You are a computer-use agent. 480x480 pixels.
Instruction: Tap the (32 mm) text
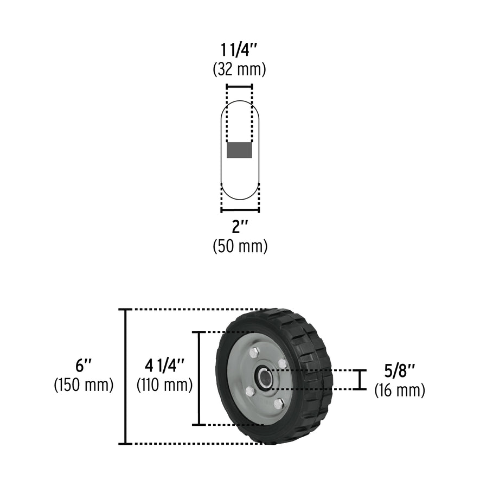pos(240,69)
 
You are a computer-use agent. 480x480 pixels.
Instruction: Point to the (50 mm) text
pos(240,246)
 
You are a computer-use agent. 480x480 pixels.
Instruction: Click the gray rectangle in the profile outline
pos(239,150)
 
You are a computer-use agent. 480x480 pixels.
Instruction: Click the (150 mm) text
pos(83,385)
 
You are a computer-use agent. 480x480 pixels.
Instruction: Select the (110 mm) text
pos(164,385)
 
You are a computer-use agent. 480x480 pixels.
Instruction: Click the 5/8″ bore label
pos(400,372)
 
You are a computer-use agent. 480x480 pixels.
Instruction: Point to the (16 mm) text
pos(400,389)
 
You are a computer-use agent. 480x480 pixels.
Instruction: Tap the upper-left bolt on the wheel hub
pos(253,353)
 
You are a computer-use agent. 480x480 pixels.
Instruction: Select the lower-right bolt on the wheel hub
pos(278,404)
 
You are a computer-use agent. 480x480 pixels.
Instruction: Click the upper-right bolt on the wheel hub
pos(282,363)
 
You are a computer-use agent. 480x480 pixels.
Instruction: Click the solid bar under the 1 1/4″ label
pos(239,86)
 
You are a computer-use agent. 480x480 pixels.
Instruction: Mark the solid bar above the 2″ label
pos(240,210)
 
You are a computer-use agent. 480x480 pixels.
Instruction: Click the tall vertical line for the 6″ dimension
pos(126,376)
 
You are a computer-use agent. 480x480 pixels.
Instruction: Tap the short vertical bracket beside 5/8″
pos(360,380)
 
